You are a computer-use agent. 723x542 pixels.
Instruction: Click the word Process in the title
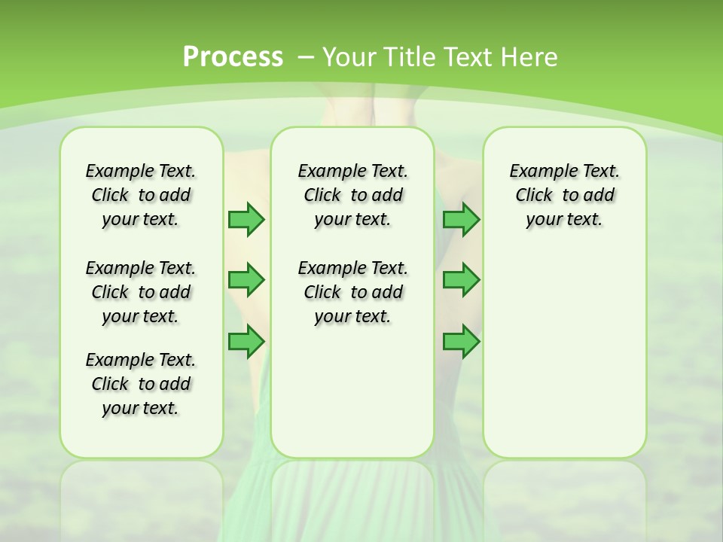[x=233, y=56]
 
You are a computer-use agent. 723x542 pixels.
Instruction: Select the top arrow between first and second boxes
[x=246, y=219]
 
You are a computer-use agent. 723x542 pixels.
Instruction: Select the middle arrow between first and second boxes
[x=246, y=280]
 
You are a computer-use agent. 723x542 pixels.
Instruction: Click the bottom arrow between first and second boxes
[x=246, y=342]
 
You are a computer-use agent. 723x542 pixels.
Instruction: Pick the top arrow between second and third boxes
[x=461, y=219]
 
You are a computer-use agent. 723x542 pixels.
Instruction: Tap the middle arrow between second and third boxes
[x=461, y=280]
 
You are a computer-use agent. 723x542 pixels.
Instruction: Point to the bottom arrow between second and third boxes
[x=461, y=342]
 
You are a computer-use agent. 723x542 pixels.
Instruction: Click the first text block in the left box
[x=141, y=195]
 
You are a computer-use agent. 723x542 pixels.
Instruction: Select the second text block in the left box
[x=141, y=292]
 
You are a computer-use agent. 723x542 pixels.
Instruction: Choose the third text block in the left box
[x=141, y=384]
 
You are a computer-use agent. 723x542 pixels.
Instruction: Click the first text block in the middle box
[x=352, y=195]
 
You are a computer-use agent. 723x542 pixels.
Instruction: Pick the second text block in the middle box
[x=352, y=292]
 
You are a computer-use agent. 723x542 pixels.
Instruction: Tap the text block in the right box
[x=564, y=195]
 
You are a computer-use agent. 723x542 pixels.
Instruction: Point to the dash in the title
[x=305, y=56]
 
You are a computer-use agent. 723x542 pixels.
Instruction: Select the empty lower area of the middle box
[x=352, y=391]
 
